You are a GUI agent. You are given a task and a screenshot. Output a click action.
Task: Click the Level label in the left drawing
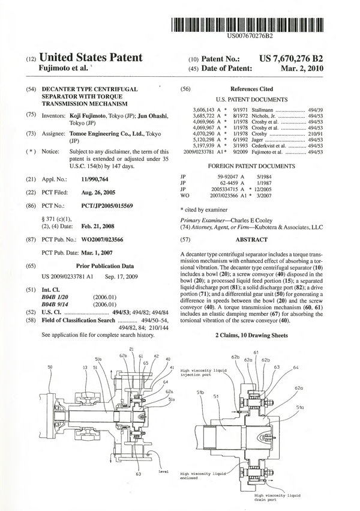click(x=163, y=472)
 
